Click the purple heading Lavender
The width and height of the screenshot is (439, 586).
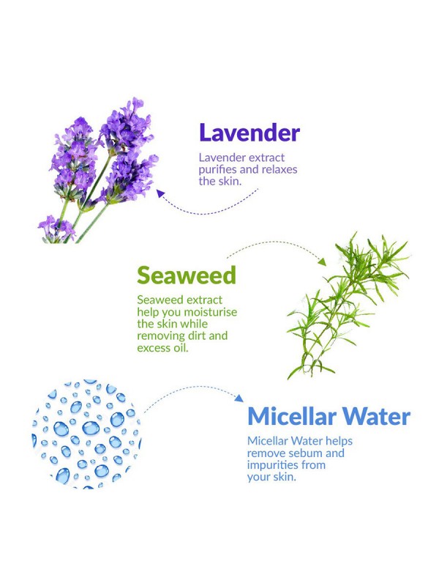point(249,133)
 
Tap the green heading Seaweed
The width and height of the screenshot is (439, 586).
point(187,275)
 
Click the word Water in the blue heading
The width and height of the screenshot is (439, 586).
point(376,416)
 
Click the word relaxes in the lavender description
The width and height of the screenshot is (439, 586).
point(279,169)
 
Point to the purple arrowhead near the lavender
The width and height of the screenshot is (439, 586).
point(160,193)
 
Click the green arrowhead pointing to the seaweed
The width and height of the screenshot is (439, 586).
point(323,262)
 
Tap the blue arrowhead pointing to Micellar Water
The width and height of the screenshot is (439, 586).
point(239,398)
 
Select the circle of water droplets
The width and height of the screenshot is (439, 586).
point(86,434)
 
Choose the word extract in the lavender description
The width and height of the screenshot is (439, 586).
point(267,157)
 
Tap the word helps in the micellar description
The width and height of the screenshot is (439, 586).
point(339,442)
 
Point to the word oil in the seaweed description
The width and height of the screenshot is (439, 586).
point(181,347)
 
